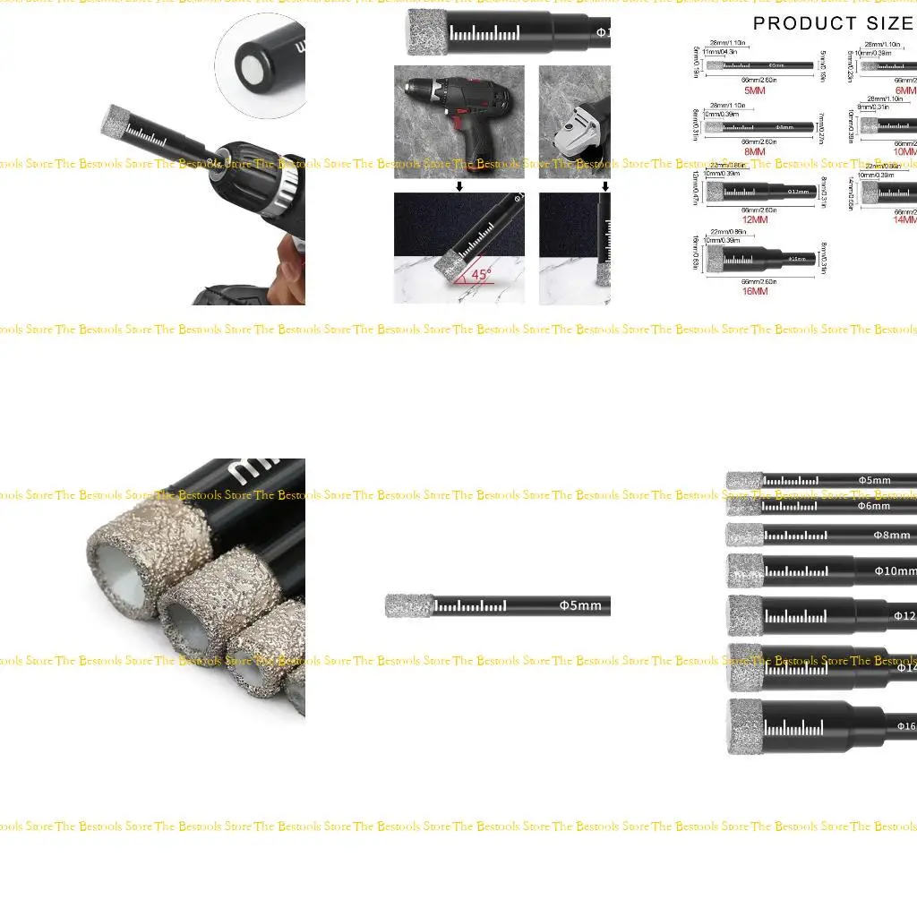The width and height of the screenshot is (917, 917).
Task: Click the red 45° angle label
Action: pos(482,275)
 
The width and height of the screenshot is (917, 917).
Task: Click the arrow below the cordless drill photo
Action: pos(459,186)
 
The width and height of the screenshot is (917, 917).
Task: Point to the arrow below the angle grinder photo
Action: pos(605,186)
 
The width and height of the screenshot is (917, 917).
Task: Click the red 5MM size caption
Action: pos(756,90)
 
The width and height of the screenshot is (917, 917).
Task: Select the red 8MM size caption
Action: pos(756,152)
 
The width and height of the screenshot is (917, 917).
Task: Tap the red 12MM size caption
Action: pos(755,219)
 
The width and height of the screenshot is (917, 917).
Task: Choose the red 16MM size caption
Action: pos(755,290)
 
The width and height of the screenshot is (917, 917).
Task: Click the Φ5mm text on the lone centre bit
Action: pos(580,605)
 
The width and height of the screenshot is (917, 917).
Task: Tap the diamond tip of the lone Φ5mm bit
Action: pos(409,605)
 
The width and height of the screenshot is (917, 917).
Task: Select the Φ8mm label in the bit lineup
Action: pos(891,536)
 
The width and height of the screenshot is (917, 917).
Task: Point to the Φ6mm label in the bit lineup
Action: pos(874,506)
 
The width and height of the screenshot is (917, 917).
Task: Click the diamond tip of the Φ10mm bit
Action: pos(744,570)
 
